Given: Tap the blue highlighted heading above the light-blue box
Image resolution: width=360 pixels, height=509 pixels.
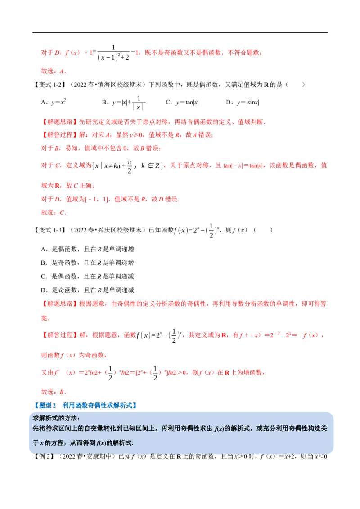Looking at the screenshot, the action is tap(85, 405).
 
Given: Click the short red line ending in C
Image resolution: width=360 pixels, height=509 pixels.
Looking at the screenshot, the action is tap(54, 212).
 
